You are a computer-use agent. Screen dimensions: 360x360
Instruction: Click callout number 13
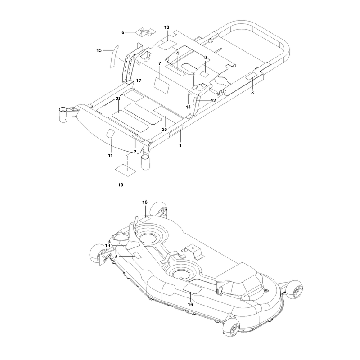point(166,27)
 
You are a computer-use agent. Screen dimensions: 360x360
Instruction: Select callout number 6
point(123,32)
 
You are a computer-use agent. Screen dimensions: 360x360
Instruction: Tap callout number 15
point(99,50)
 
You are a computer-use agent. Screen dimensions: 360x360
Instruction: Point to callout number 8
point(252,93)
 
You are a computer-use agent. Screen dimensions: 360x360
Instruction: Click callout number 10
point(121,185)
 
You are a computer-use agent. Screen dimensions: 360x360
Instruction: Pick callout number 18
point(145,202)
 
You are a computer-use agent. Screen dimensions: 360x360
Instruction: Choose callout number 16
point(190,305)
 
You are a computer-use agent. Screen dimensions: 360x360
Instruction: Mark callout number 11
point(110,156)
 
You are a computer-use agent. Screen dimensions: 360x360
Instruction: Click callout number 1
point(180,145)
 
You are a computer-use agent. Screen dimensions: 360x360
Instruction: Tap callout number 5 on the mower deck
point(117,256)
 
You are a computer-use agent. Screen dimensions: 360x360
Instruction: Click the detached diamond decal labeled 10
point(126,171)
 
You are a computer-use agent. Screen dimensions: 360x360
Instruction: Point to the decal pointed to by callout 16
point(193,288)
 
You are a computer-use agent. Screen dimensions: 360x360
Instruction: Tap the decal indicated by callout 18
point(145,220)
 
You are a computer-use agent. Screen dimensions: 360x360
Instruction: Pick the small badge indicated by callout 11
point(111,133)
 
